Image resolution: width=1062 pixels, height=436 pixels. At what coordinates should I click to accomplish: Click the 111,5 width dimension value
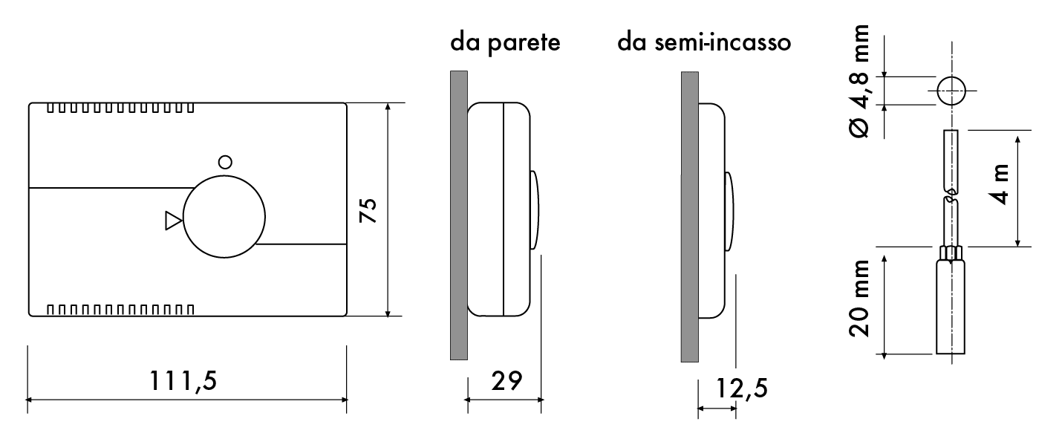tap(183, 381)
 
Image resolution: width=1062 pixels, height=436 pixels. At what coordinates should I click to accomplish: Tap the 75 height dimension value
tap(368, 210)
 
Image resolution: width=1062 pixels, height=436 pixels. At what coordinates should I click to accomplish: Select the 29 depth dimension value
tap(506, 381)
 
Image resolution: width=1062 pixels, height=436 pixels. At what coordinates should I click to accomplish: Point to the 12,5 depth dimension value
tap(741, 388)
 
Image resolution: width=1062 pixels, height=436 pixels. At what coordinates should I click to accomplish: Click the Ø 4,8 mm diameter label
tap(859, 81)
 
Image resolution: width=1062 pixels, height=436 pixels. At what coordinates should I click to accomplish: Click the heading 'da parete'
tap(505, 42)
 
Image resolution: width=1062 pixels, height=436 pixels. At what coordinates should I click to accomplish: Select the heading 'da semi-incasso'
tap(704, 42)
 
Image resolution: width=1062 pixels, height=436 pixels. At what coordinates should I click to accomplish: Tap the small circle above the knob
tap(225, 162)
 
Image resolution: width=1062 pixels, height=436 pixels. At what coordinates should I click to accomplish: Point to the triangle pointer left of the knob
tap(173, 221)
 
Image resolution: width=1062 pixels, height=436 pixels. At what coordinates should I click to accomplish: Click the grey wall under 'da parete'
tap(459, 215)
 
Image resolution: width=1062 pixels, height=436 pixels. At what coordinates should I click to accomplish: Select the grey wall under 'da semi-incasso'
tap(690, 217)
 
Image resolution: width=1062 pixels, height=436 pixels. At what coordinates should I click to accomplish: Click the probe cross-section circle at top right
tap(951, 91)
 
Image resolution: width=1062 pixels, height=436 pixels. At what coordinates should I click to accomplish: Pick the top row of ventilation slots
tap(120, 108)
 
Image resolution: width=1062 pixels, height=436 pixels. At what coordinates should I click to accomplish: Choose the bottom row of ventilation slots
tap(120, 310)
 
